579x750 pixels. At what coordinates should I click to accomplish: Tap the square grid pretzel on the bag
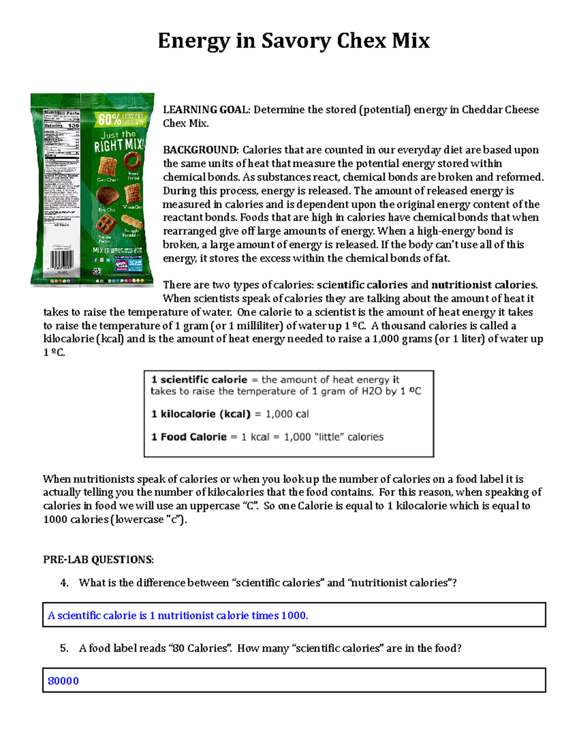click(105, 224)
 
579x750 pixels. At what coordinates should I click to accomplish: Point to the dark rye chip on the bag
click(107, 196)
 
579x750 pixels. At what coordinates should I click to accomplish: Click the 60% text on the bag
click(110, 119)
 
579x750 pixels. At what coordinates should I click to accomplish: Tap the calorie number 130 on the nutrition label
click(73, 125)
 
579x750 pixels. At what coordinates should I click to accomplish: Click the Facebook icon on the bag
click(96, 260)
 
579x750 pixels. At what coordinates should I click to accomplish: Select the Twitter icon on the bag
click(108, 260)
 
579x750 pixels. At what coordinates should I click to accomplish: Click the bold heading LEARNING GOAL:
click(207, 110)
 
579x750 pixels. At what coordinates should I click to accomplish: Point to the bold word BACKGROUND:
click(200, 150)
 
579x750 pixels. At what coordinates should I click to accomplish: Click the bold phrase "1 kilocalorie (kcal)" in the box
click(201, 414)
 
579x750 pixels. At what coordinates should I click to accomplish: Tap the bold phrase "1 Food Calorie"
click(189, 437)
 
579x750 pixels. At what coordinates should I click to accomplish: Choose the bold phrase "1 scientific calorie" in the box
click(199, 380)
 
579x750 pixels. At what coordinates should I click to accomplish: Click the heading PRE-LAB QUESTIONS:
click(98, 560)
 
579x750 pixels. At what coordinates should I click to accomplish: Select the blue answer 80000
click(63, 681)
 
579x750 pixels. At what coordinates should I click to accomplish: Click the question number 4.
click(64, 583)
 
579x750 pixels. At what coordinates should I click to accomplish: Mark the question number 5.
click(64, 648)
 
